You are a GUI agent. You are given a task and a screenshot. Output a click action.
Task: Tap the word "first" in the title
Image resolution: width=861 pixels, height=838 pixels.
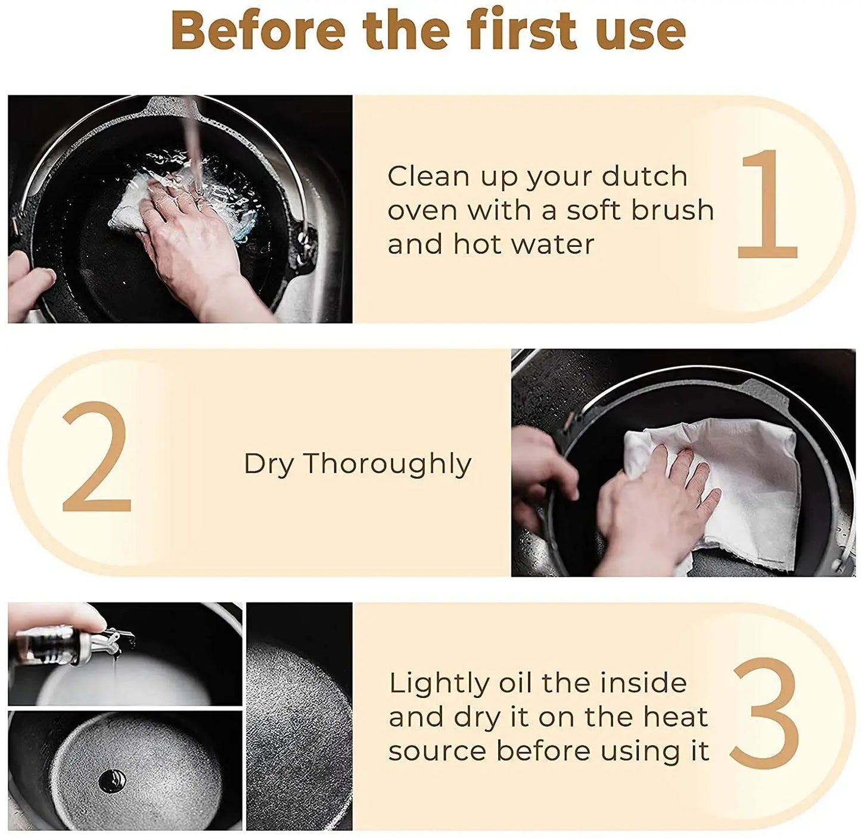(521, 30)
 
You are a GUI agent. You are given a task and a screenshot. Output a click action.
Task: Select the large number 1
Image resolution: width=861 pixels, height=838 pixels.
(767, 204)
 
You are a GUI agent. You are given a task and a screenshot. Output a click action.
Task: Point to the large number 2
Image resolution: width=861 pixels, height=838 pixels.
(97, 457)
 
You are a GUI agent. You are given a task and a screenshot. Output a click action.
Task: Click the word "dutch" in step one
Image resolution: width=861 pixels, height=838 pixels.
(645, 176)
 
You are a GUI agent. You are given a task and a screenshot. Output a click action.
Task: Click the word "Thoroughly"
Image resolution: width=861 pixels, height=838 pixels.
(387, 465)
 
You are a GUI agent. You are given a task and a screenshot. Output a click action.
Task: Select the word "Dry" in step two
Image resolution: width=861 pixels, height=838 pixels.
(269, 465)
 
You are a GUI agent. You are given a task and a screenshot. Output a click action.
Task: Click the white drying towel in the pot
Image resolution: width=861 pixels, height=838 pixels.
(717, 491)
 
